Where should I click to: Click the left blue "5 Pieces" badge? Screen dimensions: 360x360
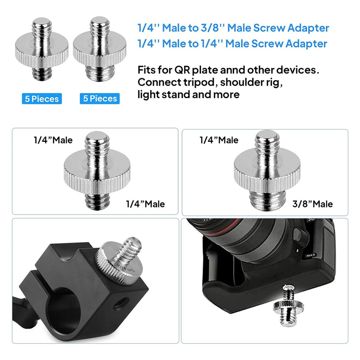(x=42, y=99)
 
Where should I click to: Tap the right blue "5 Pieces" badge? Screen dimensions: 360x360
(x=100, y=99)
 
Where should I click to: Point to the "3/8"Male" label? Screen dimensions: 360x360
(x=312, y=204)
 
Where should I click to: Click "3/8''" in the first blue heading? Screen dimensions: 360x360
(x=213, y=28)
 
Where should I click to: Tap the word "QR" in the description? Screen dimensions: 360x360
(x=182, y=70)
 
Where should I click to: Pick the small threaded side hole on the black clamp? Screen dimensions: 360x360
(x=120, y=303)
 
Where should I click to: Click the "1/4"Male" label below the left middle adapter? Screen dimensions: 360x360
(x=145, y=204)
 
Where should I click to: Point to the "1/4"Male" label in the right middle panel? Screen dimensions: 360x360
(x=219, y=140)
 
